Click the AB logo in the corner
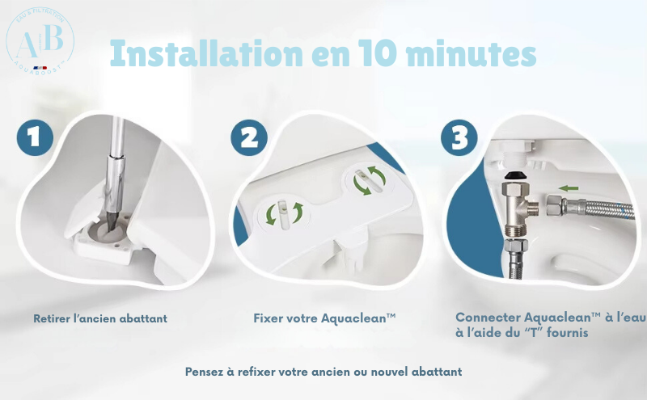tap(40, 39)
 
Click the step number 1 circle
tap(34, 137)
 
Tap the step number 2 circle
tap(249, 137)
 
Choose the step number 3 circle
tap(459, 137)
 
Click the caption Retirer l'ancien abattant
tap(100, 318)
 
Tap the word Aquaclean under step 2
tap(349, 318)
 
